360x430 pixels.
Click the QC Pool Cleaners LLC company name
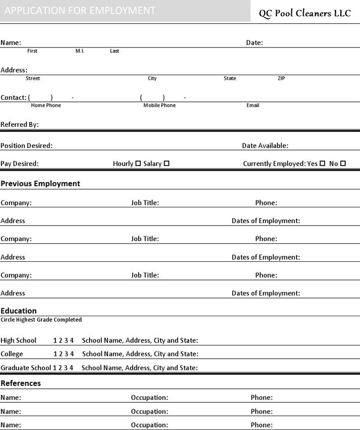coord(305,13)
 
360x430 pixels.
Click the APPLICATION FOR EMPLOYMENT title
coord(80,10)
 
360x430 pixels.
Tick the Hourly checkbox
coord(138,163)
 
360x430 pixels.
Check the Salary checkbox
coord(166,163)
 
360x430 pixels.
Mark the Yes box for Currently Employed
coord(322,163)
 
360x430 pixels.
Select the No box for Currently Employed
coord(343,163)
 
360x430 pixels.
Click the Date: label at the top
coord(255,43)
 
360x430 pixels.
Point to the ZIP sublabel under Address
coord(281,78)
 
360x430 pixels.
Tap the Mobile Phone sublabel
coord(159,105)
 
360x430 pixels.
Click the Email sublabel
coord(253,105)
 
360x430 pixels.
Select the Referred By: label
coord(20,125)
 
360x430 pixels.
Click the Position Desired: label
coord(27,146)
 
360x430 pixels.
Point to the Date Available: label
coord(265,146)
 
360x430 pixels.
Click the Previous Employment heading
coord(40,184)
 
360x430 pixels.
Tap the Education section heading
coord(19,311)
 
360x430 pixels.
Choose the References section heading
coord(21,383)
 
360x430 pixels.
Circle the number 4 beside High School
coord(72,340)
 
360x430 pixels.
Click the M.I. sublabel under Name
coord(80,51)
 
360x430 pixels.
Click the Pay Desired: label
coord(20,164)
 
